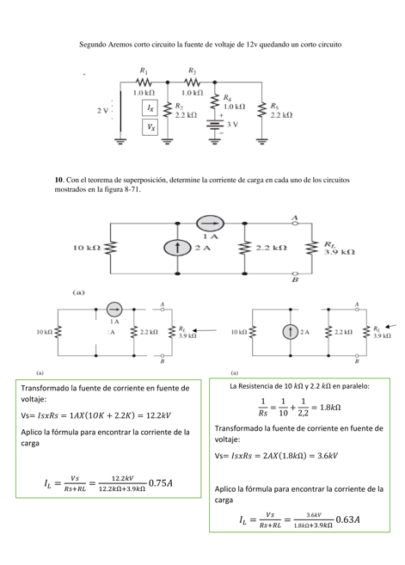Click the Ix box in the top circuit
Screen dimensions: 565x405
click(151, 108)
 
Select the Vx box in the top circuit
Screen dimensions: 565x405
click(151, 126)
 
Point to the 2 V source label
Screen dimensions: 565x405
click(102, 111)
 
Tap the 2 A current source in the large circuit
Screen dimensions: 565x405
click(177, 248)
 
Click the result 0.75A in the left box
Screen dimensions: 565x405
click(160, 483)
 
